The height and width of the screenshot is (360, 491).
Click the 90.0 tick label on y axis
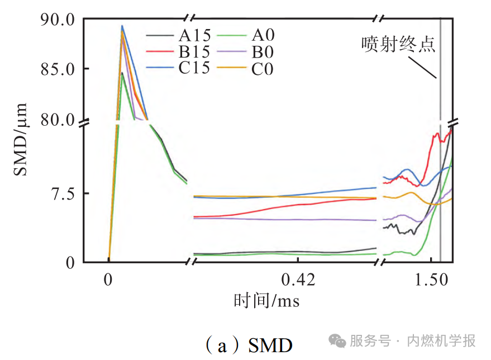pos(57,20)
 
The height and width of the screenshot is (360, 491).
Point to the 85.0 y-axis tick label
pos(57,69)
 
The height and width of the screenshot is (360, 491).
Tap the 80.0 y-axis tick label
pos(57,120)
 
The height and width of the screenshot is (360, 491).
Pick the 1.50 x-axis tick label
pos(431,280)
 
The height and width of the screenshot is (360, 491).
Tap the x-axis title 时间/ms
pos(267,301)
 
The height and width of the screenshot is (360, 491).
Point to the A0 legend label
pos(263,36)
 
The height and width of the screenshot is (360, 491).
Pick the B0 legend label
pos(263,53)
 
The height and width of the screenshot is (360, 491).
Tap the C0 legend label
pos(263,69)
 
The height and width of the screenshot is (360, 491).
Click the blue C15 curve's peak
pos(122,25)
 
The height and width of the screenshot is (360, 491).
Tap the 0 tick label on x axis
pos(108,280)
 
